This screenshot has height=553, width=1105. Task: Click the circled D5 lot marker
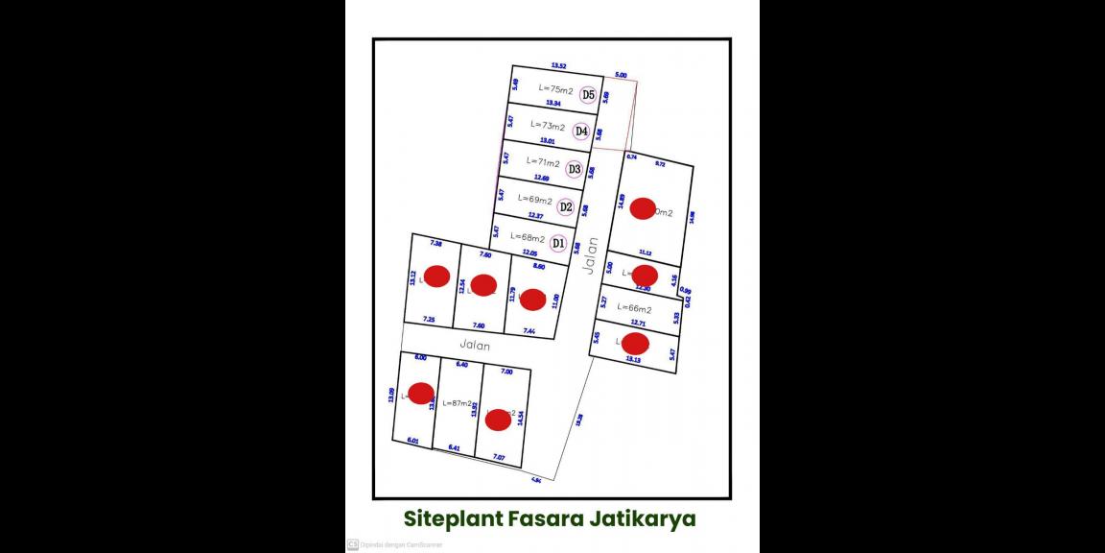588,94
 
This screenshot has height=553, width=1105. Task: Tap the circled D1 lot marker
558,243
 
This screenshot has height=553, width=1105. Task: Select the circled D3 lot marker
575,169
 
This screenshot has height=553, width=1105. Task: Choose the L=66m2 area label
634,309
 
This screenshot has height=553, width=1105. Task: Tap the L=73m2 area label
547,126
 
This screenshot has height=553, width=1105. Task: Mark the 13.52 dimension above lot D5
558,66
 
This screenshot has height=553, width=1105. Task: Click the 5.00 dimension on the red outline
621,75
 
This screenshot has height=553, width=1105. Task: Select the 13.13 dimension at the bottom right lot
633,359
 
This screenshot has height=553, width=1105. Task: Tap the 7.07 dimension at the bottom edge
498,457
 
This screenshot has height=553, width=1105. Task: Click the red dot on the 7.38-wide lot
436,276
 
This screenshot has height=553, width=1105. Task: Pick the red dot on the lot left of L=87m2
421,393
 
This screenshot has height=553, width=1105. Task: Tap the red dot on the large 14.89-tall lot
644,208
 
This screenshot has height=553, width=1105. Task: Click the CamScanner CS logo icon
352,544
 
